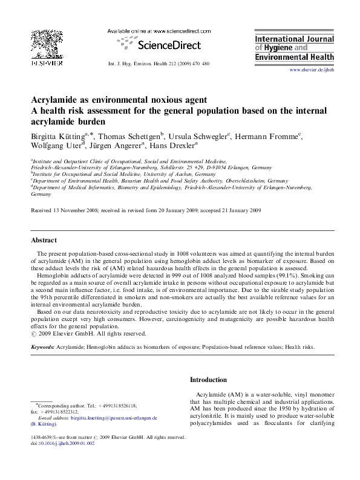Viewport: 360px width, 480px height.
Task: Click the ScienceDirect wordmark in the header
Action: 163,44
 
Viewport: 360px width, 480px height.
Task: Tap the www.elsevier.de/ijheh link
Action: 312,70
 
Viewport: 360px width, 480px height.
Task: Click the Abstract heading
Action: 44,239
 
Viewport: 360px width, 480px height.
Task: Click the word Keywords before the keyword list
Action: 42,348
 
